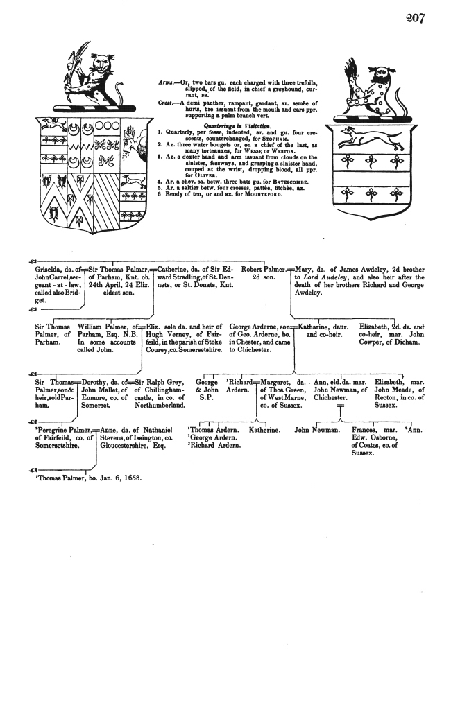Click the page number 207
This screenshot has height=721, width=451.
click(414, 18)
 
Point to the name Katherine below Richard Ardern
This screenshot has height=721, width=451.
click(264, 431)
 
